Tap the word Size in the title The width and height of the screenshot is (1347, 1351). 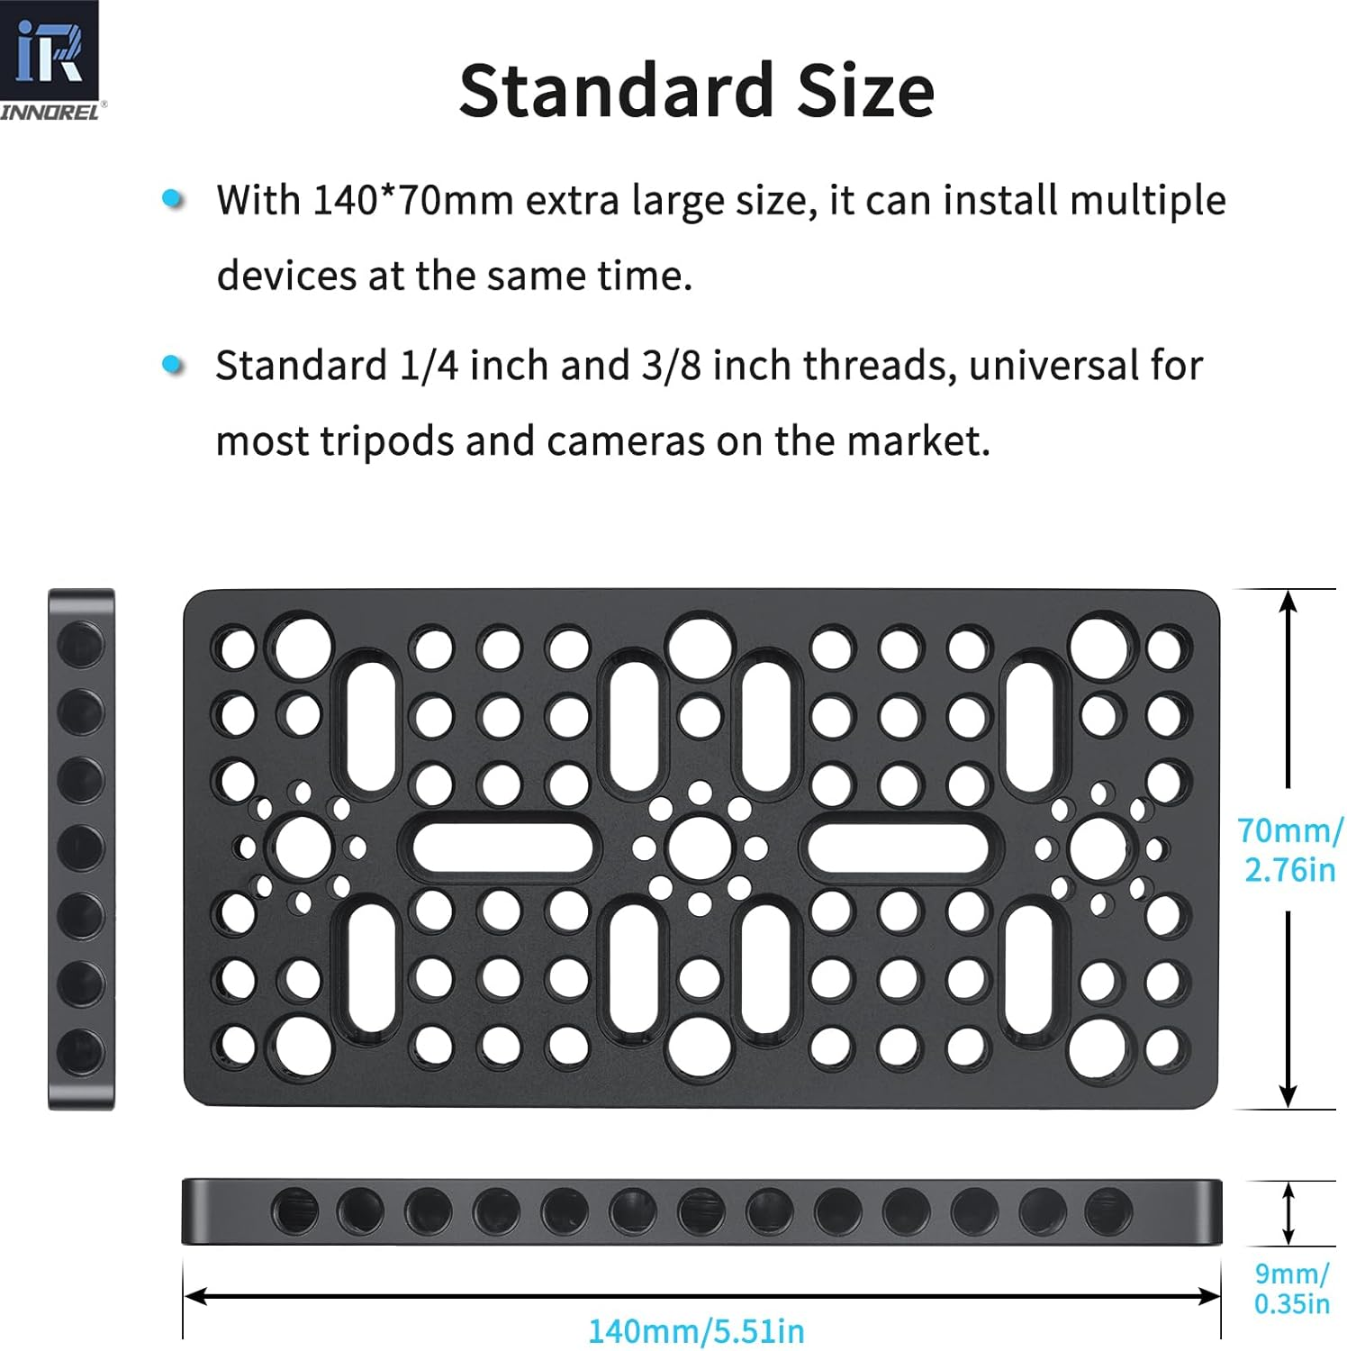pyautogui.click(x=865, y=91)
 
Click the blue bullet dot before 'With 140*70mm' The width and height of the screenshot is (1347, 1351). pyautogui.click(x=173, y=199)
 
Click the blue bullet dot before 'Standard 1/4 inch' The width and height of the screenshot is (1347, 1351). pyautogui.click(x=173, y=365)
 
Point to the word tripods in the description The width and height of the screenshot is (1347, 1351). pyautogui.click(x=387, y=440)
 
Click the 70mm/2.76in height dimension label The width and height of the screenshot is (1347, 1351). pyautogui.click(x=1289, y=849)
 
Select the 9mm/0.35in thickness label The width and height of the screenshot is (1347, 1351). pyautogui.click(x=1291, y=1288)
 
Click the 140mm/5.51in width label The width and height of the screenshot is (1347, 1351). pyautogui.click(x=696, y=1330)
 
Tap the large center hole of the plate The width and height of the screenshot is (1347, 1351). pyautogui.click(x=700, y=847)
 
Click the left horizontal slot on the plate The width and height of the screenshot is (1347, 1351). pyautogui.click(x=502, y=848)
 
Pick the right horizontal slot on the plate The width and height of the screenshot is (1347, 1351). pyautogui.click(x=898, y=848)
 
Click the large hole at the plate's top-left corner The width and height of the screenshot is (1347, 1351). pyautogui.click(x=303, y=647)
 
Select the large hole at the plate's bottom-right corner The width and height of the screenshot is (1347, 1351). pyautogui.click(x=1098, y=1047)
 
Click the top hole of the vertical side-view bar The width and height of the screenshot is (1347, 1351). pyautogui.click(x=81, y=643)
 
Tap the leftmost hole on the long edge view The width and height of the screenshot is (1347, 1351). pyautogui.click(x=294, y=1210)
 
